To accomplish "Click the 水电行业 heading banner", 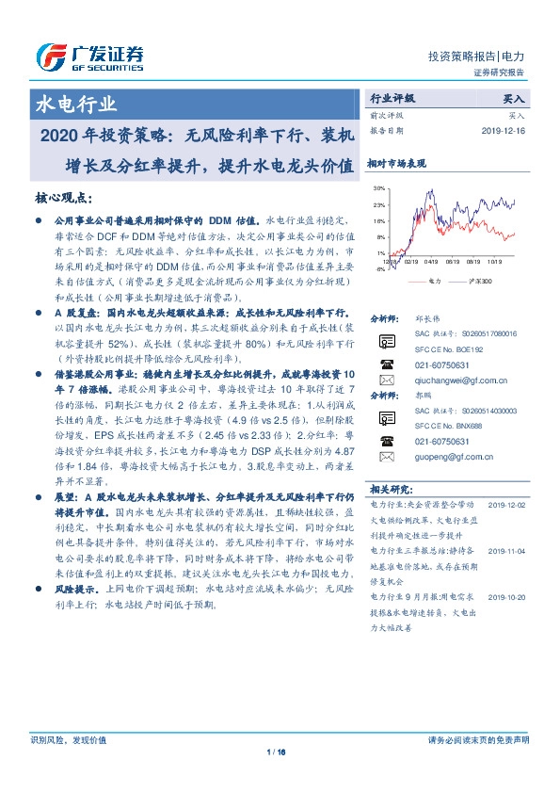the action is [x=76, y=104].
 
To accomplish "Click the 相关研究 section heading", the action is [x=390, y=489].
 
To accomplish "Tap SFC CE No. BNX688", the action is [x=446, y=427].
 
